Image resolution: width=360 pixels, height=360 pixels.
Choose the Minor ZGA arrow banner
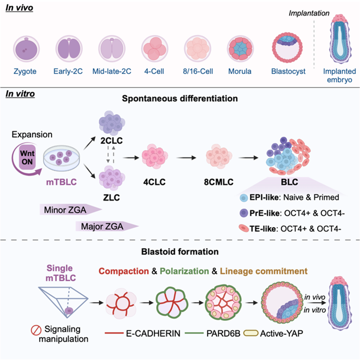pyautogui.click(x=67, y=209)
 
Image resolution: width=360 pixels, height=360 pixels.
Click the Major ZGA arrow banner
pyautogui.click(x=106, y=226)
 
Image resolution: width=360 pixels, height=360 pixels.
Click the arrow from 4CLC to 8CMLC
pyautogui.click(x=181, y=156)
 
